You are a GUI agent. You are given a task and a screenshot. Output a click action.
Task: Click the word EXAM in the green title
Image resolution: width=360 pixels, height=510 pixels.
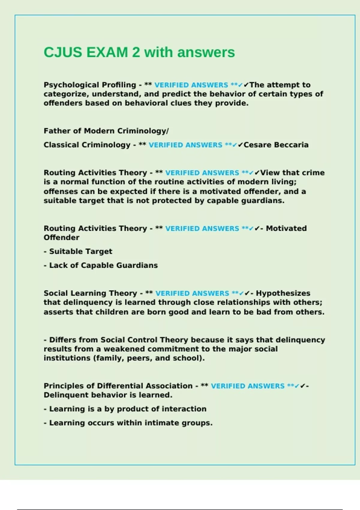coord(107,52)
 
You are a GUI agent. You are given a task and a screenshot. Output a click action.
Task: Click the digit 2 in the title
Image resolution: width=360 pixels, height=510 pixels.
coord(136,52)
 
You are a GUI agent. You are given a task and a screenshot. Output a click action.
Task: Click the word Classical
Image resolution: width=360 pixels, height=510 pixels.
coord(61,145)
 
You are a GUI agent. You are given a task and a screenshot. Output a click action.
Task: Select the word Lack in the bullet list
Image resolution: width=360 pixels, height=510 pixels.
coord(58,265)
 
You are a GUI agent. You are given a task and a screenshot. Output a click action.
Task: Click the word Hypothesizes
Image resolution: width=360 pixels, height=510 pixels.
coord(283,293)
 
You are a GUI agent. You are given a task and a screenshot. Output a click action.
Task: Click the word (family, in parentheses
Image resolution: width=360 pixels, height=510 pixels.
coord(110,358)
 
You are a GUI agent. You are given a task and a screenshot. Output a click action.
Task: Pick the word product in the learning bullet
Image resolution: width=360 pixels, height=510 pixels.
coord(134,409)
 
